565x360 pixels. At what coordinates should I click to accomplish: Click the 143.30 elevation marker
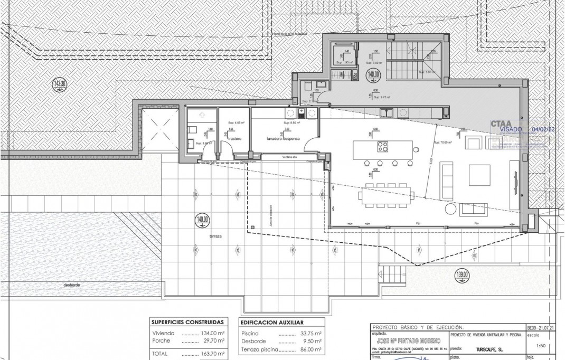(60, 83)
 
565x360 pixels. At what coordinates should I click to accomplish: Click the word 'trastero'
(235, 139)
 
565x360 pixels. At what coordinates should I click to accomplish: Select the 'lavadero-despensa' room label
(284, 139)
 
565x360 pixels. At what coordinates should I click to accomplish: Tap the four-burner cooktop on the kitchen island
(383, 147)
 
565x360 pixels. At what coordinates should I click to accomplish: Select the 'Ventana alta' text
(290, 157)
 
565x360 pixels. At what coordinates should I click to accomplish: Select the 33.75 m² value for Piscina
(306, 333)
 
